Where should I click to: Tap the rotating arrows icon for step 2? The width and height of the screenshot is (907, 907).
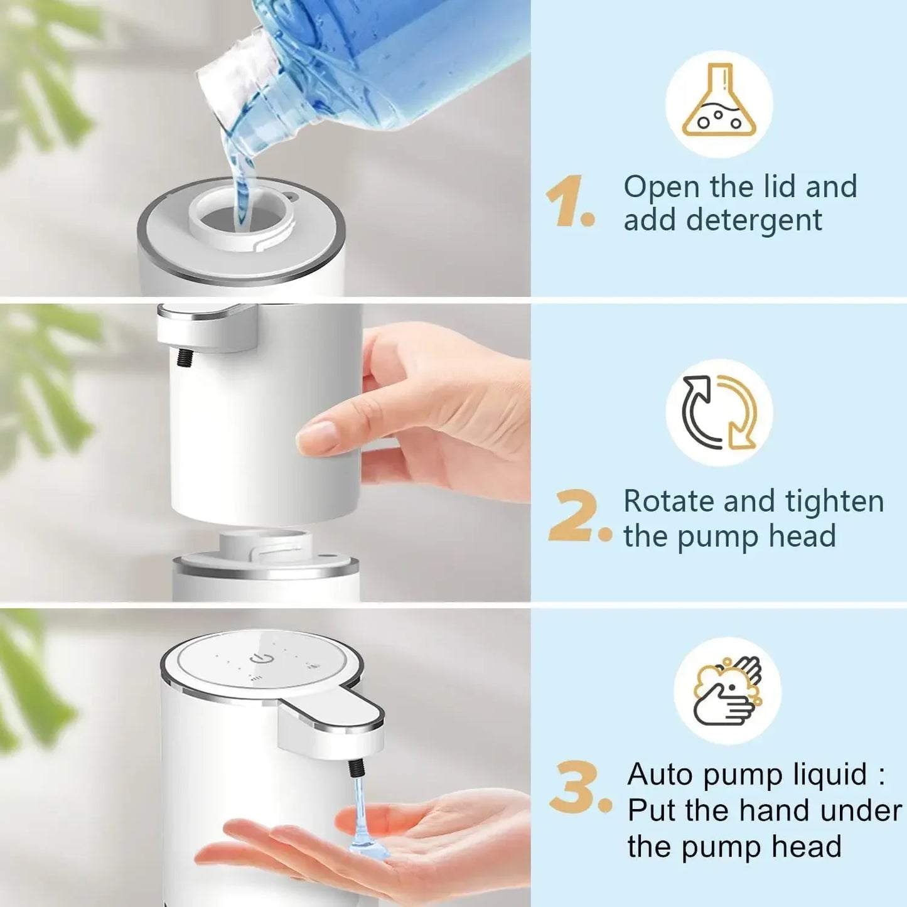719,412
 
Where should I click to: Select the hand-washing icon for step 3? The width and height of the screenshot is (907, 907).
727,690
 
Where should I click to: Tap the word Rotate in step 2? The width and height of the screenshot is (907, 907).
668,502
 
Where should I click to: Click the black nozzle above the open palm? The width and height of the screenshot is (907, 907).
357,768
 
